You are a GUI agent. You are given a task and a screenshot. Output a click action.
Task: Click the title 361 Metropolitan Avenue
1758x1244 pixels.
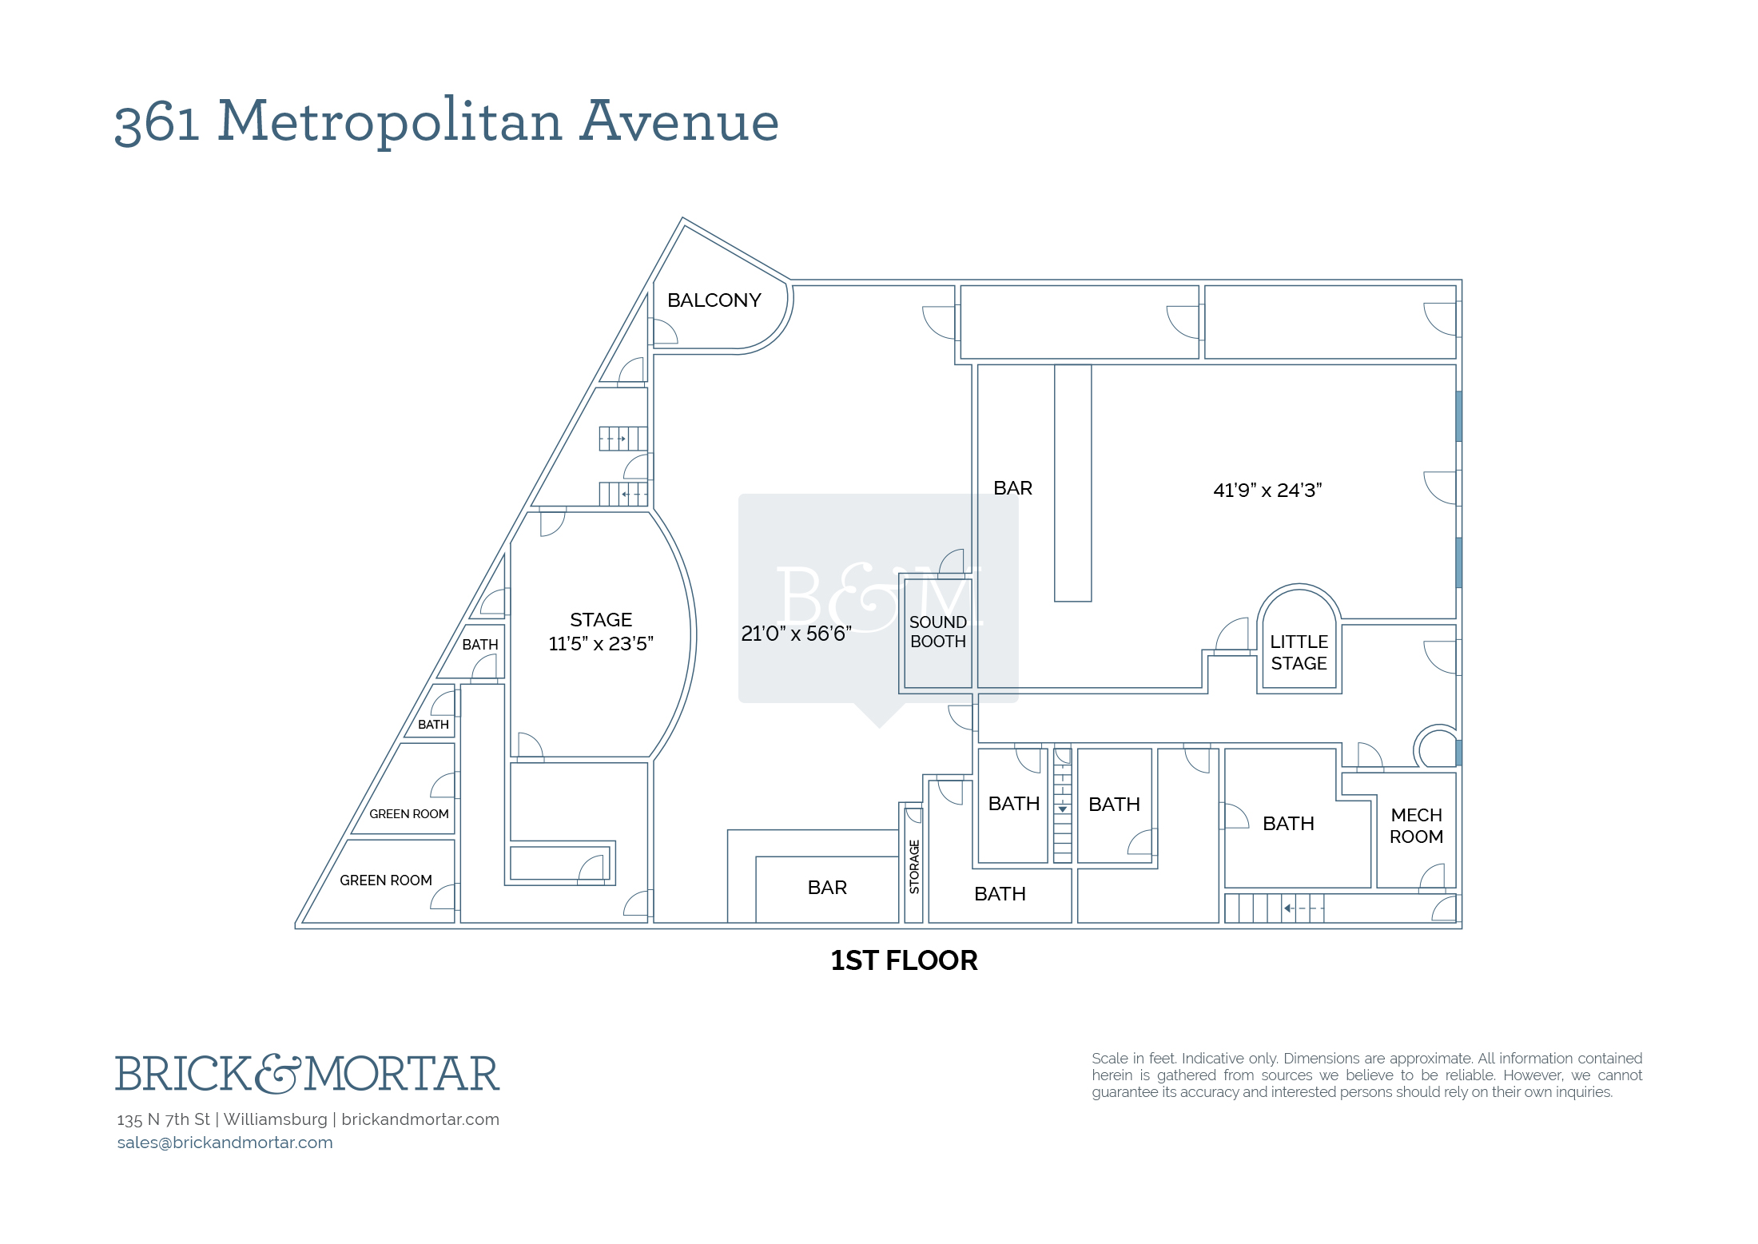click(x=447, y=121)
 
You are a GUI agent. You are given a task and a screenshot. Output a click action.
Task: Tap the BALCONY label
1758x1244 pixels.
click(x=714, y=300)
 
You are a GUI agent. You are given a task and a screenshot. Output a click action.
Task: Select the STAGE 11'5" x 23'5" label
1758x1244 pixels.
click(x=601, y=631)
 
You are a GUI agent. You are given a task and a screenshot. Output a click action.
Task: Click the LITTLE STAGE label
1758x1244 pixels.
click(x=1299, y=653)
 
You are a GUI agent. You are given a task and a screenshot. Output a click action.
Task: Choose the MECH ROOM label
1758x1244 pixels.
click(x=1416, y=825)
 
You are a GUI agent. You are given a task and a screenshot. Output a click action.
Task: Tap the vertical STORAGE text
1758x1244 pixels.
click(x=914, y=866)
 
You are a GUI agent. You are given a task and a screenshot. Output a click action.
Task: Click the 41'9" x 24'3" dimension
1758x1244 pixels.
click(x=1267, y=490)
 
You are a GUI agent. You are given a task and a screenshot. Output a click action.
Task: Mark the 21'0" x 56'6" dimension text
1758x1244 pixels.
click(x=796, y=634)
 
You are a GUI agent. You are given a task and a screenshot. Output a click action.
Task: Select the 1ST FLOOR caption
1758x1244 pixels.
click(x=904, y=960)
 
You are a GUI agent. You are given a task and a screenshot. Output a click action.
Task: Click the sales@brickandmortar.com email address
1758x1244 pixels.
click(x=225, y=1142)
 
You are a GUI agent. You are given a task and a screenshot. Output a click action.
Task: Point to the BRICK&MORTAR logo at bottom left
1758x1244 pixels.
click(x=308, y=1073)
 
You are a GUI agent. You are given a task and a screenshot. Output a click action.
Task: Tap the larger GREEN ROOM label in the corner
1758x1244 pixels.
click(x=385, y=880)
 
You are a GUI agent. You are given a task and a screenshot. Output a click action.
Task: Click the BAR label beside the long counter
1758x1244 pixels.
click(x=1012, y=488)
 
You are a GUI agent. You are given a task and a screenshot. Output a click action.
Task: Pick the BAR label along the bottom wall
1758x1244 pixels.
click(x=827, y=888)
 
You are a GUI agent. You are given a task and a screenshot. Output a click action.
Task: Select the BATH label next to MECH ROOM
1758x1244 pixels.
click(x=1288, y=824)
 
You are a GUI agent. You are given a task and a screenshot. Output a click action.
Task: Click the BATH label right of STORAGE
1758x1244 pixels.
click(x=1000, y=894)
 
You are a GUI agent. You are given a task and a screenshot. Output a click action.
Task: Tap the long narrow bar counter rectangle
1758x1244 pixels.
click(x=1072, y=483)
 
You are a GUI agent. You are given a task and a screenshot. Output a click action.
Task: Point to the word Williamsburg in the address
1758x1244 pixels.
click(x=275, y=1119)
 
